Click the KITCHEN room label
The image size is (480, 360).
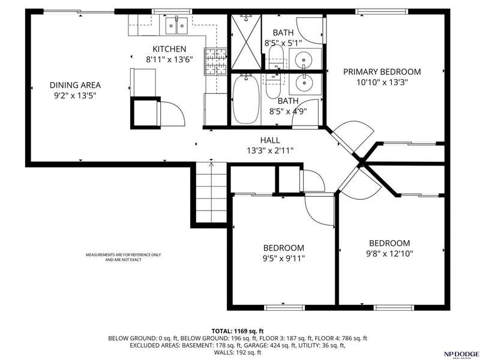(x=169, y=49)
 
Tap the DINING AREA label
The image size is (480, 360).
(x=75, y=85)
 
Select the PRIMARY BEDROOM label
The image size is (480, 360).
(x=382, y=72)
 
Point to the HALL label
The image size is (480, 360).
(x=270, y=140)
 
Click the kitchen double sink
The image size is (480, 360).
(x=176, y=25)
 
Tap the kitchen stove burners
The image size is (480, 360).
(x=215, y=62)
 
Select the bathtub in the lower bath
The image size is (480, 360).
(x=246, y=100)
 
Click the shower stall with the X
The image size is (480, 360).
(x=246, y=42)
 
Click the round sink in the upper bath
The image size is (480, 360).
(x=305, y=58)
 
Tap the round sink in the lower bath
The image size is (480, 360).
(x=305, y=83)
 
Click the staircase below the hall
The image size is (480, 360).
(x=211, y=193)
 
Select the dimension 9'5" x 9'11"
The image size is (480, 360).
(x=284, y=259)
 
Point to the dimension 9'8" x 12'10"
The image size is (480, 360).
(x=389, y=254)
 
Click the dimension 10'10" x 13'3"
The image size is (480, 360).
(x=382, y=82)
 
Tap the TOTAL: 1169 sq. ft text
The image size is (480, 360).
(x=238, y=331)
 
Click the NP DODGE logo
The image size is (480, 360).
(x=461, y=353)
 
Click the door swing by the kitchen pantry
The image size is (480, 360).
(x=171, y=113)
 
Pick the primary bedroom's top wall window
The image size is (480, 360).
(x=382, y=11)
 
